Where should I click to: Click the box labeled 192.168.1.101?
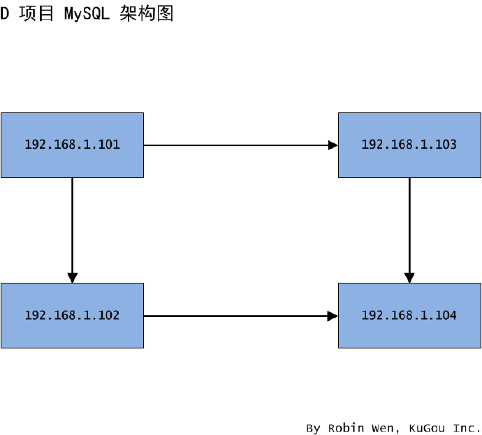pyautogui.click(x=72, y=145)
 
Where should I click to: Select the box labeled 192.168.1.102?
pyautogui.click(x=72, y=316)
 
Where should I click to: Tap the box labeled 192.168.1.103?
pyautogui.click(x=409, y=145)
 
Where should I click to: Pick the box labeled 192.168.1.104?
pyautogui.click(x=409, y=316)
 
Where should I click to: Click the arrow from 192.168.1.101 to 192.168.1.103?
pyautogui.click(x=238, y=145)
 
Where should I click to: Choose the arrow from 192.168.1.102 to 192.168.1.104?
pyautogui.click(x=238, y=316)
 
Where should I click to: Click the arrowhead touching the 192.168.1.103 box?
pyautogui.click(x=333, y=145)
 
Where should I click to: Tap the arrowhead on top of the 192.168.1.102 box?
pyautogui.click(x=72, y=278)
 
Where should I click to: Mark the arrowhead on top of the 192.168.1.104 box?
pyautogui.click(x=409, y=278)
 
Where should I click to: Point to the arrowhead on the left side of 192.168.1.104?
pyautogui.click(x=333, y=316)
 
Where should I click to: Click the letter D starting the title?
pyautogui.click(x=4, y=14)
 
